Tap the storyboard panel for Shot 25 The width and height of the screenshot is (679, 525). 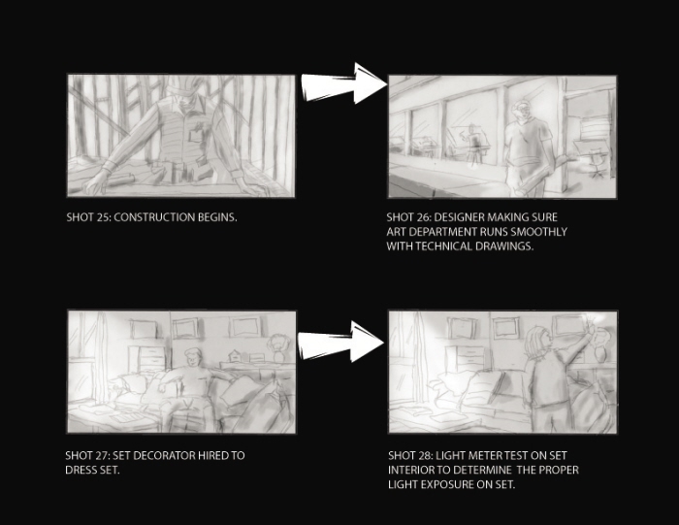(180, 136)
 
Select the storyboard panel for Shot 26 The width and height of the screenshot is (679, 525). (501, 136)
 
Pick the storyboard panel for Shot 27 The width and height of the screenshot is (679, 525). (180, 371)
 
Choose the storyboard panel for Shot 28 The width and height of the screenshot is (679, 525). (501, 371)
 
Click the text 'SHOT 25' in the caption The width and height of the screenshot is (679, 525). (85, 217)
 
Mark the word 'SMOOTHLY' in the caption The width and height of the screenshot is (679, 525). (538, 232)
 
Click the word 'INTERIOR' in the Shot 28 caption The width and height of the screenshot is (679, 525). (415, 469)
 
